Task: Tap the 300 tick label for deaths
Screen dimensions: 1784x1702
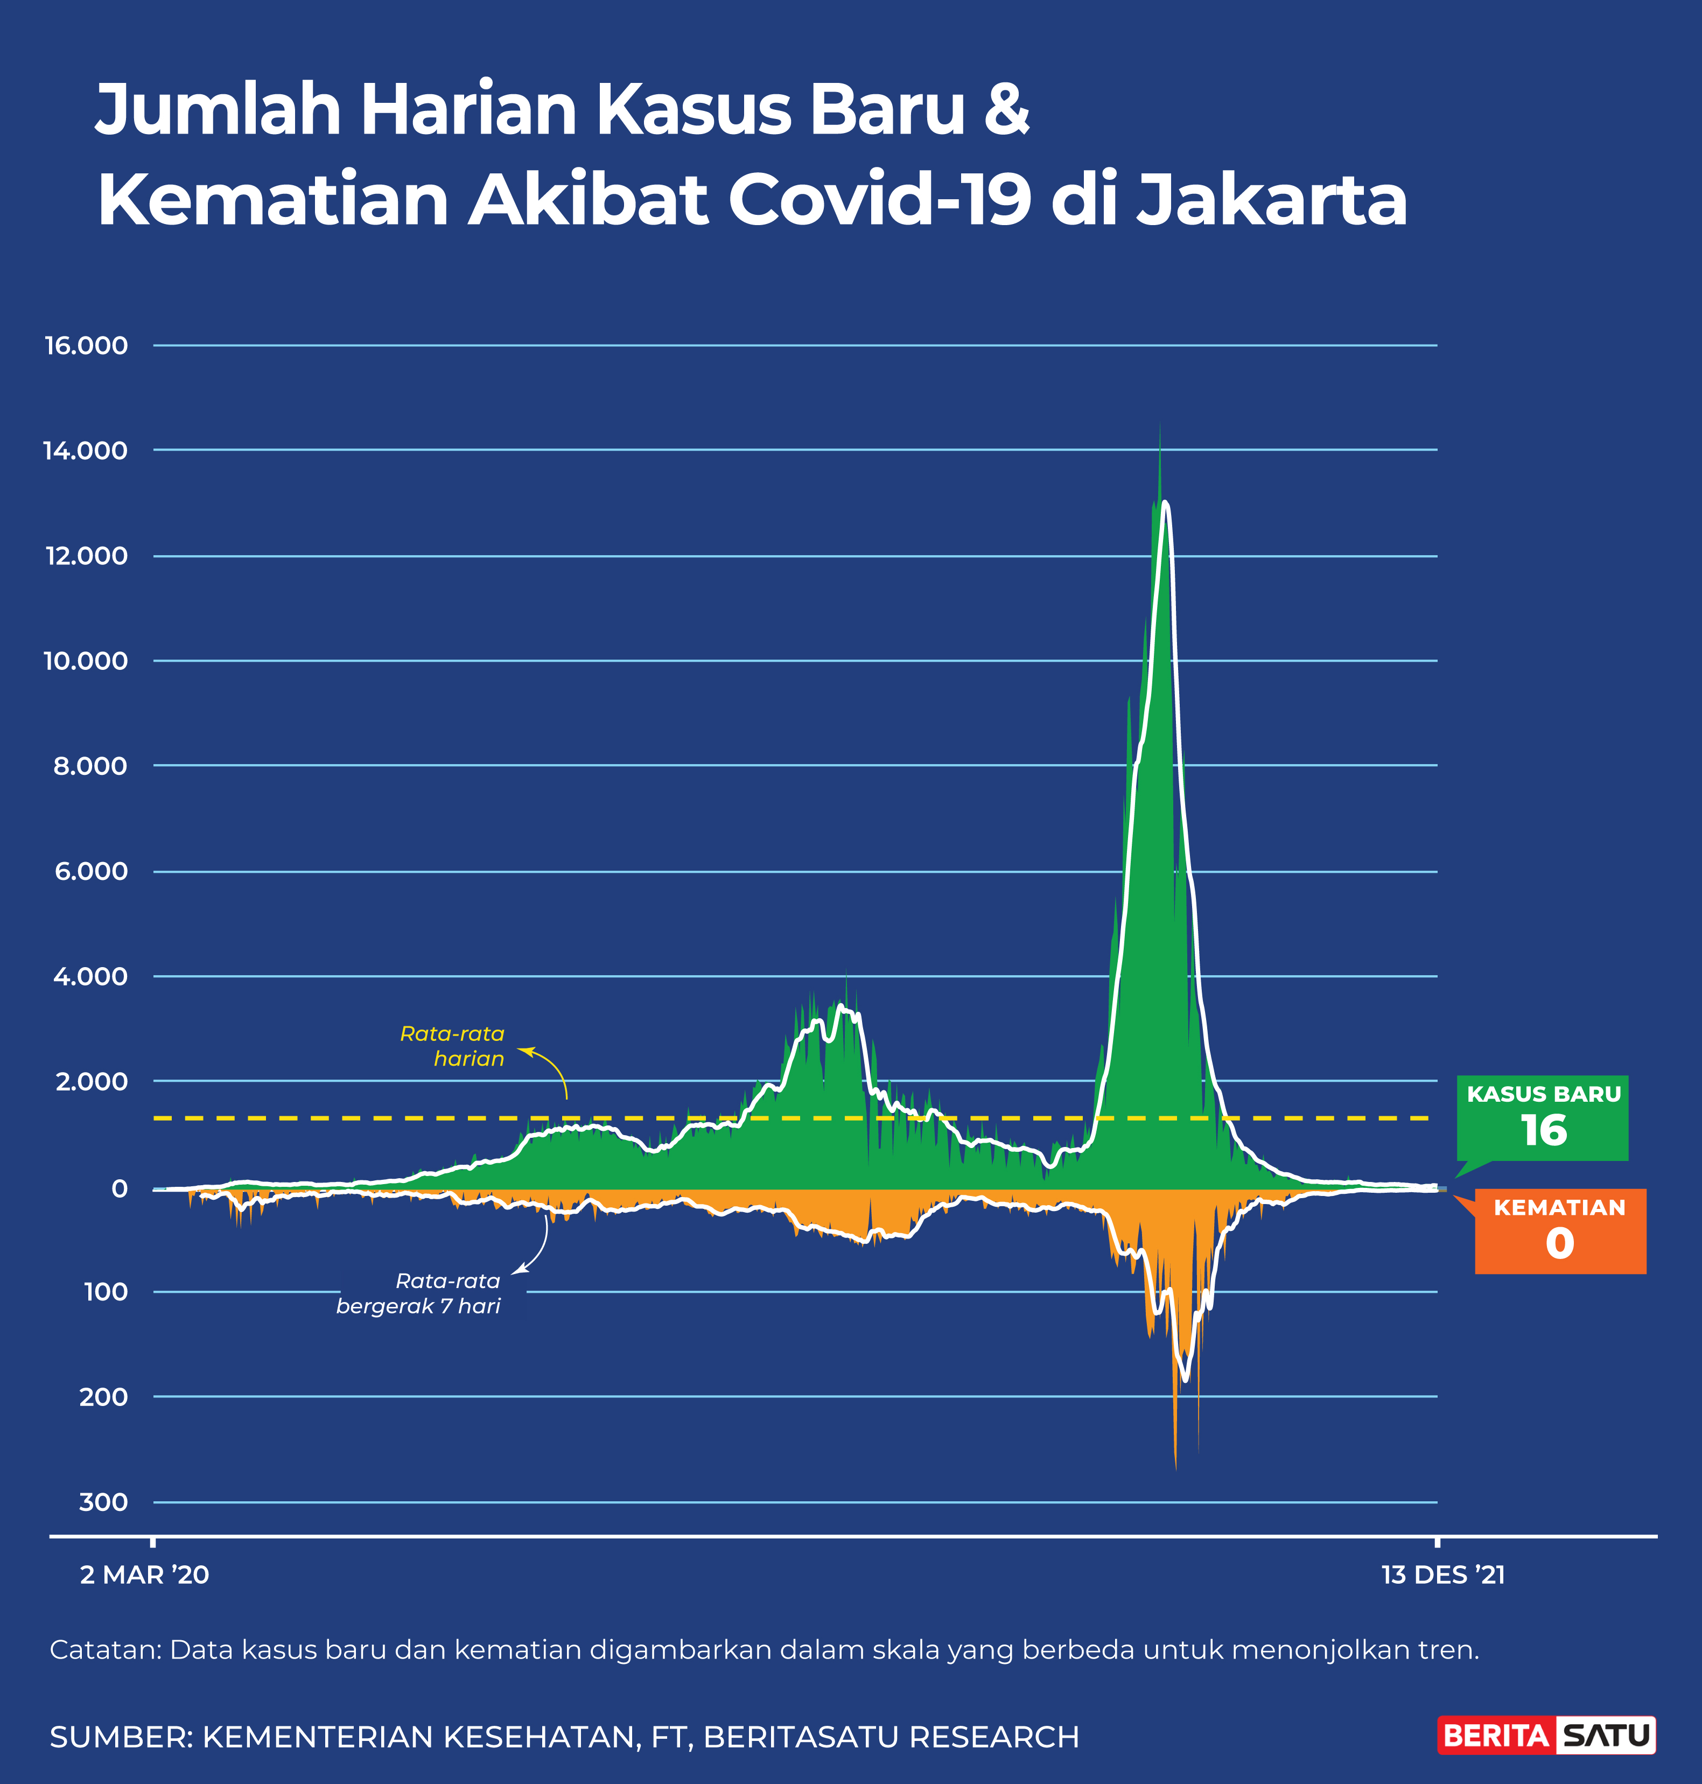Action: point(103,1502)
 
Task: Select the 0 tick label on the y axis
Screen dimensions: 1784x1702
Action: point(119,1189)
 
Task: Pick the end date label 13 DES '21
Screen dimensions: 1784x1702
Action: point(1442,1575)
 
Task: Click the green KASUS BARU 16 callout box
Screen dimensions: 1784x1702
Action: point(1542,1117)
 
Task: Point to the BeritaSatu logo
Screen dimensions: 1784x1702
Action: point(1547,1736)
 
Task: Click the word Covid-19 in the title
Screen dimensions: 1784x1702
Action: point(879,200)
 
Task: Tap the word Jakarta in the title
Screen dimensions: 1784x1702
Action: point(1272,200)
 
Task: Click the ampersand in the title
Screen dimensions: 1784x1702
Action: point(1006,109)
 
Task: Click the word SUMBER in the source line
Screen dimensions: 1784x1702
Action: point(120,1737)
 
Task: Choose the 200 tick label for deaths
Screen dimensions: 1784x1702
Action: point(103,1396)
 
